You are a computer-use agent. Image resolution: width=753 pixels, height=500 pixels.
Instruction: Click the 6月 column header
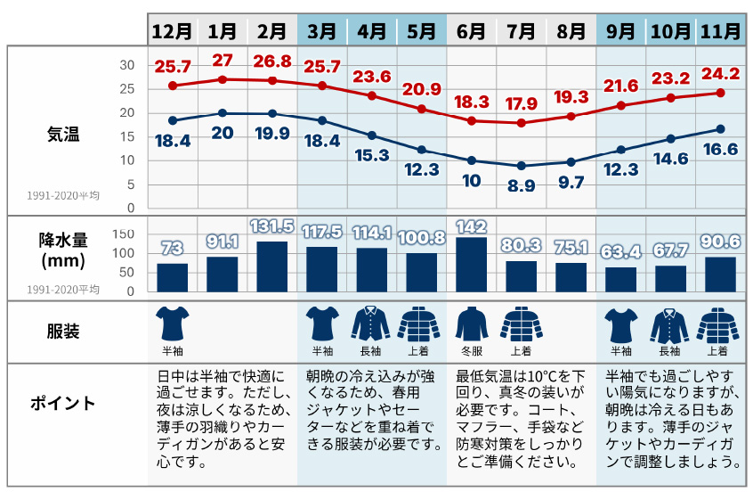[x=472, y=30]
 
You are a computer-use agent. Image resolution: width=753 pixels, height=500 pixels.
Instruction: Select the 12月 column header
[x=172, y=30]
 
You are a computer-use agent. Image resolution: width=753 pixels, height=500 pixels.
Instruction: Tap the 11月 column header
[x=720, y=30]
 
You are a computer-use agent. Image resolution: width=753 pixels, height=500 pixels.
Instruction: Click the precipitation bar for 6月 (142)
[x=472, y=264]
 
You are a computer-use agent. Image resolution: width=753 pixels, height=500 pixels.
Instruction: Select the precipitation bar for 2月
[x=271, y=266]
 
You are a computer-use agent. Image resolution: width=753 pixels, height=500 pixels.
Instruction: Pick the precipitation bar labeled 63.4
[x=620, y=279]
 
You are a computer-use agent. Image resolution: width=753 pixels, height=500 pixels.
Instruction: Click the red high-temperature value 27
[x=223, y=61]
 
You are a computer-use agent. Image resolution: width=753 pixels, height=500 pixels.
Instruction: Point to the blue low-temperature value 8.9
[x=522, y=185]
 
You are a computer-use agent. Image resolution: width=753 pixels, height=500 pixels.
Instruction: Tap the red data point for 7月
[x=522, y=123]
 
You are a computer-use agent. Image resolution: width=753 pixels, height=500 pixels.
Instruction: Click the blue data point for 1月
[x=223, y=113]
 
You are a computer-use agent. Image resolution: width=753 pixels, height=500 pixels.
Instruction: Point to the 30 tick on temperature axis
[x=126, y=65]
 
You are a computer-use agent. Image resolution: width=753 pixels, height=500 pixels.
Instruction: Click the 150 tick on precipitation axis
[x=124, y=234]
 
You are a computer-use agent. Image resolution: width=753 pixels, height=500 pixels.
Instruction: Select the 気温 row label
[x=63, y=135]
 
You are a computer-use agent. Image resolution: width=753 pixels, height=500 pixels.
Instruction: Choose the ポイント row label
[x=63, y=403]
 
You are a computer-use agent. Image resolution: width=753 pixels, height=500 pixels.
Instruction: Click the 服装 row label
[x=63, y=332]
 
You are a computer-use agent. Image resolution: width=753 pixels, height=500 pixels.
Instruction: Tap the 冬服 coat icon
[x=472, y=324]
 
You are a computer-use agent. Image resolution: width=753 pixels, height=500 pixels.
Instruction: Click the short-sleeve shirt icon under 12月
[x=172, y=324]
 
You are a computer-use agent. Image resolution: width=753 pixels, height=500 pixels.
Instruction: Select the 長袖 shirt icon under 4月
[x=372, y=324]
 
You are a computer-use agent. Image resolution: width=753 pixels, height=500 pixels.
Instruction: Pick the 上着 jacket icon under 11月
[x=720, y=324]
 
